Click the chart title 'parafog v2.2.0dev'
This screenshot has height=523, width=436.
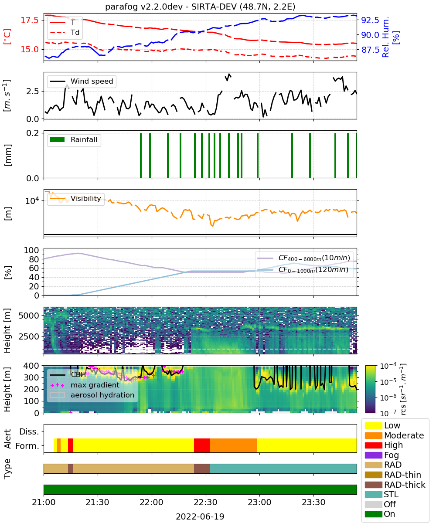pos(144,7)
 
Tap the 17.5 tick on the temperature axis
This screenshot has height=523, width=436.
pos(30,20)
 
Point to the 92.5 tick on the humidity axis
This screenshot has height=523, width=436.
pos(370,20)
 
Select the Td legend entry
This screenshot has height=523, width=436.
pos(65,32)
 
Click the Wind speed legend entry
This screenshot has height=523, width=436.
pos(82,81)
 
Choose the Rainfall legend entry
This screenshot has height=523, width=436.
pos(74,139)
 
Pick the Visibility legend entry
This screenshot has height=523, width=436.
pos(75,198)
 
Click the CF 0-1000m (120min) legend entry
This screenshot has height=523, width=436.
pos(303,269)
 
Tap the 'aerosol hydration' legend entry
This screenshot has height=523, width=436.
pos(92,395)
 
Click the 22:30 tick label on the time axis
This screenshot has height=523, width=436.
pos(206,502)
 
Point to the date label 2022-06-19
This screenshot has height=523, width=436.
pos(200,516)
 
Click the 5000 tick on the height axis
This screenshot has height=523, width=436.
pos(29,316)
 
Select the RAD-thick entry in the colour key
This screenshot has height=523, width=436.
pos(395,485)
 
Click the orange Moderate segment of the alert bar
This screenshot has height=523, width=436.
pos(233,445)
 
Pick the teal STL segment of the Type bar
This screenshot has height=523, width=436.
pos(283,469)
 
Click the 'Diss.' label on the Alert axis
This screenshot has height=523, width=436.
pos(29,431)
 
